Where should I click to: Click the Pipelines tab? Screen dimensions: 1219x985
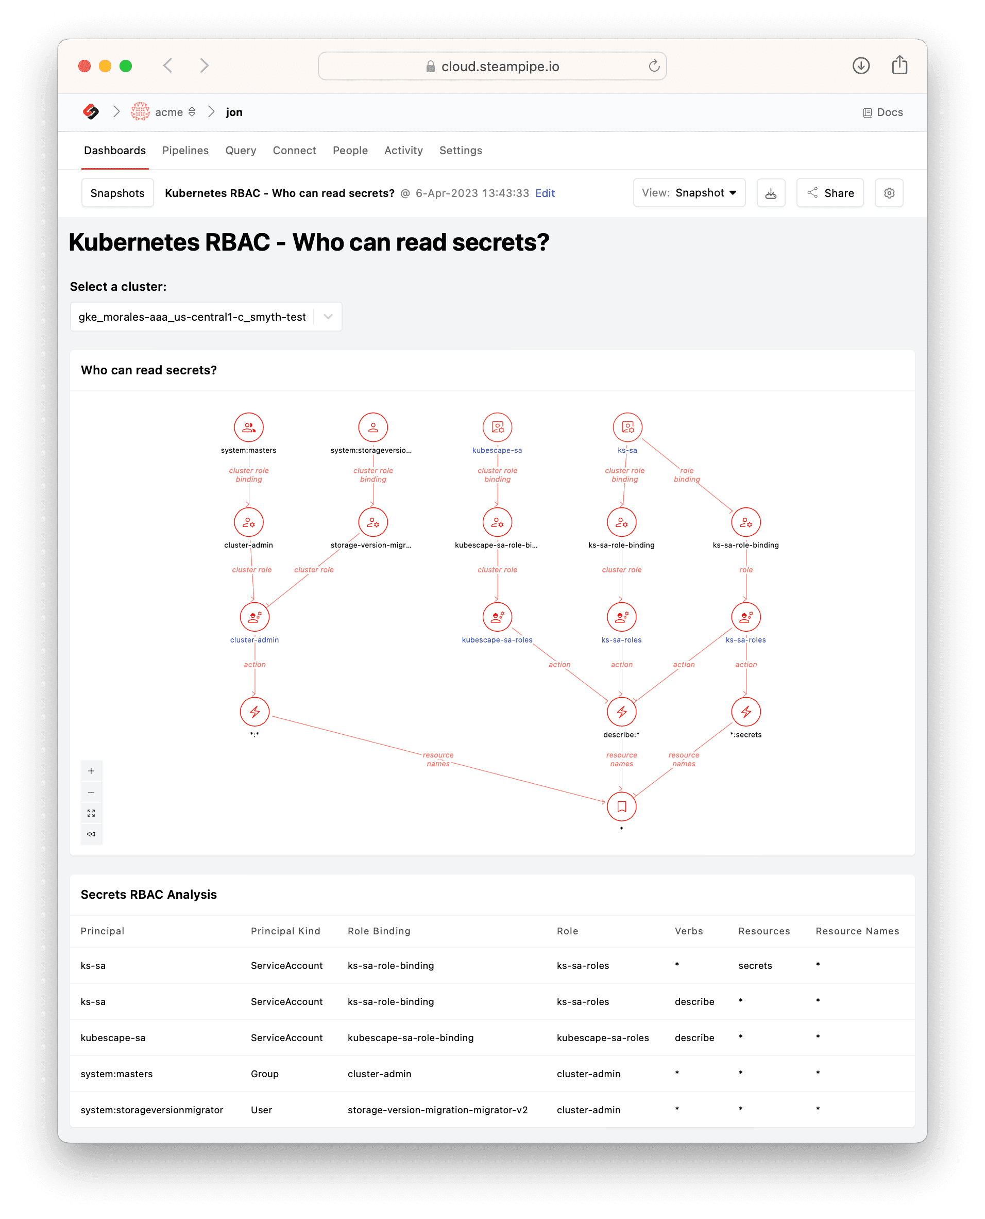pos(185,151)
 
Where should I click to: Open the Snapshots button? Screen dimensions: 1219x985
pos(117,193)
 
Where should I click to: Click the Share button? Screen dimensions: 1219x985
pos(829,193)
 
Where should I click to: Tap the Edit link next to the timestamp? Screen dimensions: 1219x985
pos(545,193)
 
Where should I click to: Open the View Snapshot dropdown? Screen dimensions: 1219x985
pos(689,193)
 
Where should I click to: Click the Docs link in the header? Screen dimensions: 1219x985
pos(883,112)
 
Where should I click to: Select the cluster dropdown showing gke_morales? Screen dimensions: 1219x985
pos(206,317)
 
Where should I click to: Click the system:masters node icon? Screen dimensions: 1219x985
pos(248,427)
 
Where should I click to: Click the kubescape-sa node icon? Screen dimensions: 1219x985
pos(497,427)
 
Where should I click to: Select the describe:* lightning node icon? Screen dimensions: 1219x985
pos(621,712)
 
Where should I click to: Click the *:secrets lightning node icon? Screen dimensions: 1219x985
pos(745,712)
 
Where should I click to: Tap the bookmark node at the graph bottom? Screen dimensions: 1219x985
pos(621,807)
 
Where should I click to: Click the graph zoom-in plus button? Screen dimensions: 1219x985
pos(91,771)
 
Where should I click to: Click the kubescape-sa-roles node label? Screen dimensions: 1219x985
pos(497,640)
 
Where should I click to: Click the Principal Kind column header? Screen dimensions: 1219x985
pos(285,931)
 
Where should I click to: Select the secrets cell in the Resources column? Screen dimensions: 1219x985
pos(755,966)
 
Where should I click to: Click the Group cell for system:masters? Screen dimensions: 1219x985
pos(264,1074)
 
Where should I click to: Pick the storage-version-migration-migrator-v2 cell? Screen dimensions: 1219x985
pos(437,1110)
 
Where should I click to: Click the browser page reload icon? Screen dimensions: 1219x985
pos(654,66)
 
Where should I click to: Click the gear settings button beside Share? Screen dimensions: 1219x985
pos(889,193)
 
